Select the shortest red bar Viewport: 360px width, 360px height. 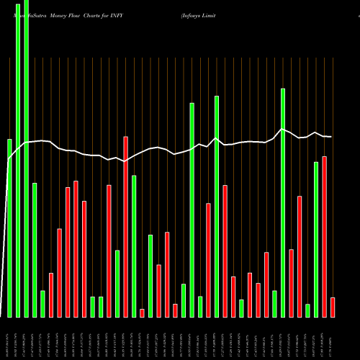(x=142, y=312)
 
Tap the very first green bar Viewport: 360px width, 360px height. (x=9, y=228)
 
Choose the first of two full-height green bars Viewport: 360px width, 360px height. (x=18, y=158)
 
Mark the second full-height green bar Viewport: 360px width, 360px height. (x=26, y=158)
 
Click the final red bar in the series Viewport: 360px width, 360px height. (x=333, y=307)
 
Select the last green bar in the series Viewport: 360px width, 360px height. (x=316, y=239)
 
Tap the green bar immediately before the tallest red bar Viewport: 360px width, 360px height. (x=117, y=283)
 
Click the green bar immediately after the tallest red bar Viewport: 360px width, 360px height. (x=134, y=246)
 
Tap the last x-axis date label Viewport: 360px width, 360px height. (x=332, y=338)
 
